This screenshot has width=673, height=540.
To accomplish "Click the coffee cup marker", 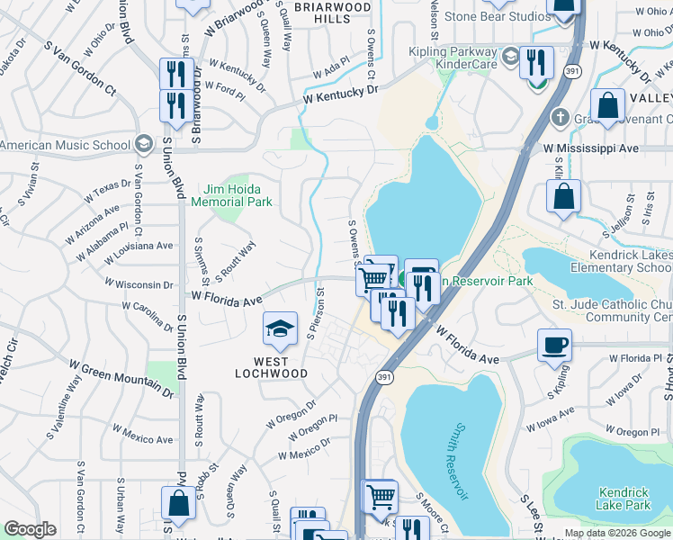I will pyautogui.click(x=554, y=345).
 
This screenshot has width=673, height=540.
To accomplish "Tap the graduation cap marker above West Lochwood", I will pyautogui.click(x=280, y=328).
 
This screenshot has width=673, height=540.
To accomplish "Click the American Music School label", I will pyautogui.click(x=65, y=145).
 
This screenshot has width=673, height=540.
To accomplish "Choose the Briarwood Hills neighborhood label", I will pyautogui.click(x=333, y=13).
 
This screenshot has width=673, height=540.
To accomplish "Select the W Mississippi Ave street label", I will pyautogui.click(x=590, y=148).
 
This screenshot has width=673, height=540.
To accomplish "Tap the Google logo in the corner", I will pyautogui.click(x=30, y=529).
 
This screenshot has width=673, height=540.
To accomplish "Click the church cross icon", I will pyautogui.click(x=559, y=117).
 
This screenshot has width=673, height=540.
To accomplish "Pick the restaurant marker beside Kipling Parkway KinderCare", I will pyautogui.click(x=536, y=62).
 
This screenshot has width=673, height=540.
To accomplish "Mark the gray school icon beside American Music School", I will pyautogui.click(x=143, y=144).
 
